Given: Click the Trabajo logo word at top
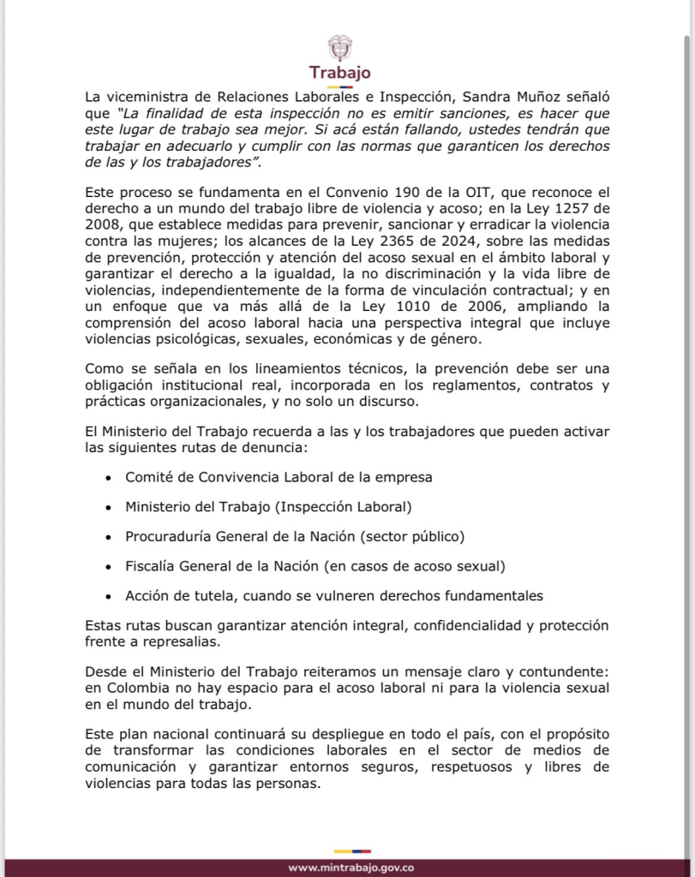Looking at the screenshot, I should [x=340, y=73].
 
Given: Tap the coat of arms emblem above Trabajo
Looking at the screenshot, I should [x=340, y=46].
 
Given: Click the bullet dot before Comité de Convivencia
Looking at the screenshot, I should [x=107, y=477].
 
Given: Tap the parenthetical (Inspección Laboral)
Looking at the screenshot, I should [x=343, y=506].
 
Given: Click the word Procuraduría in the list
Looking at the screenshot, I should [x=167, y=536].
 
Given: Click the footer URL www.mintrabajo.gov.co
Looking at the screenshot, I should [x=351, y=867].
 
